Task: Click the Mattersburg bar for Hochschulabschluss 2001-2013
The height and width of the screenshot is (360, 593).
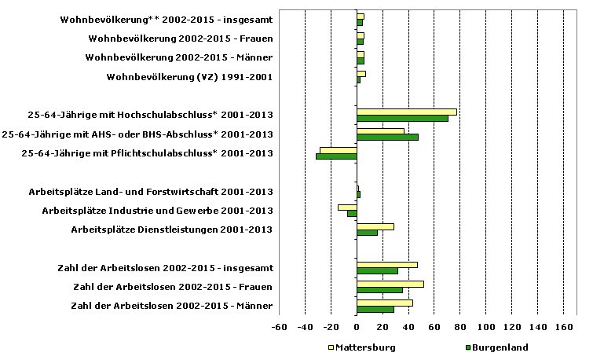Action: click(x=406, y=112)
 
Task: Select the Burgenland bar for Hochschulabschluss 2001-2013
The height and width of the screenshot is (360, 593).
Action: click(x=402, y=119)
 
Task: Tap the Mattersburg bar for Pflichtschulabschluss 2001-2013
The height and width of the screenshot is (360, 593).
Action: click(x=339, y=149)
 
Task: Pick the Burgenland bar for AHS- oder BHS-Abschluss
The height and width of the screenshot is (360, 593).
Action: click(x=387, y=138)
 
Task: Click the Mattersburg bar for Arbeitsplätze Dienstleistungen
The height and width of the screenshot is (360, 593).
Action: click(x=375, y=226)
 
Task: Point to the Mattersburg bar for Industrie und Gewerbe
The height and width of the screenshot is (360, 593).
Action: click(x=347, y=207)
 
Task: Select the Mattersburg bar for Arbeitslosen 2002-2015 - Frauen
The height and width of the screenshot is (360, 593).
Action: click(x=390, y=284)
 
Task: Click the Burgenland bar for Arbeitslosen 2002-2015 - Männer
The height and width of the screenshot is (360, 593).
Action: click(x=375, y=309)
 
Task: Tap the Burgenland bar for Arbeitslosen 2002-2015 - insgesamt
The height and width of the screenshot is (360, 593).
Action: click(x=377, y=271)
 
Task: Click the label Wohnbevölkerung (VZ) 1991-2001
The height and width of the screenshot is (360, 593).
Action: click(x=189, y=77)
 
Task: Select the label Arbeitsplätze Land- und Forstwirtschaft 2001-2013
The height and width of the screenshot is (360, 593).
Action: click(x=151, y=192)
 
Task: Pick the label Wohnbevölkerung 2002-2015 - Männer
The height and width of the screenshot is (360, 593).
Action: click(x=179, y=57)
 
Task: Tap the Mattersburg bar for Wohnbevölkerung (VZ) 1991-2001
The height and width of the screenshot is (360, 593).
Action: click(x=361, y=73)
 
